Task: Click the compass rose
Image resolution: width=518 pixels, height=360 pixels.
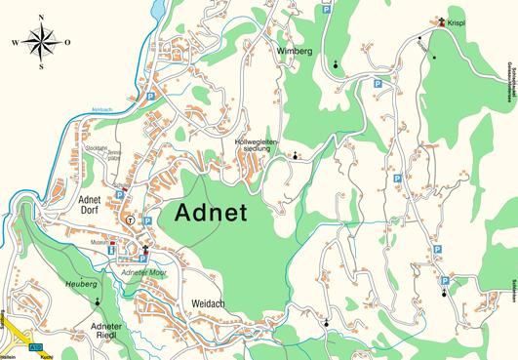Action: point(40,41)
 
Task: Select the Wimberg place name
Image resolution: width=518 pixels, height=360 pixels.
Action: point(294,51)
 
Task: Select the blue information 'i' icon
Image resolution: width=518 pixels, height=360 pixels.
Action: point(110,251)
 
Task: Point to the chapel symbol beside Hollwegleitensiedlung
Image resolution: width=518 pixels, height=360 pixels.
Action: point(295,155)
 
